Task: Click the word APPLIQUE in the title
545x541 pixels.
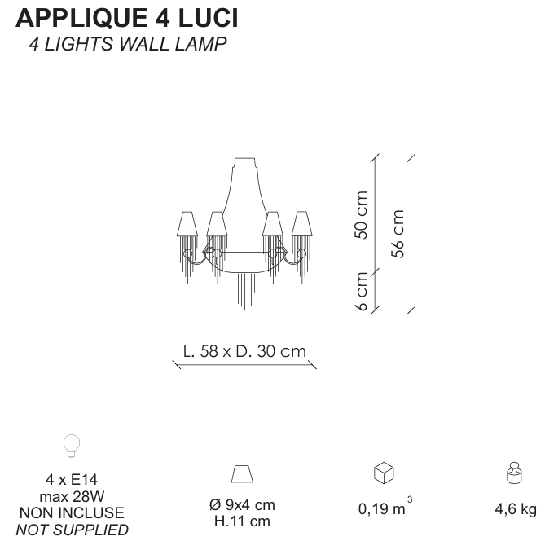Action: [x=81, y=19]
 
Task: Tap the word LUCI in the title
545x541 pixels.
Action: [x=209, y=18]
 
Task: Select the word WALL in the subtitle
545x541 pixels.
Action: [x=144, y=44]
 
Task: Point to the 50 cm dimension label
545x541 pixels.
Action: [x=361, y=214]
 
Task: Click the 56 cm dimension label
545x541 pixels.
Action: [x=398, y=234]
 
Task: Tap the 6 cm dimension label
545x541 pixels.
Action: [x=361, y=291]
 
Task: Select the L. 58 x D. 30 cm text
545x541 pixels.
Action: [x=244, y=351]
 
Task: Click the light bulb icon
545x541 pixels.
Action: [x=72, y=446]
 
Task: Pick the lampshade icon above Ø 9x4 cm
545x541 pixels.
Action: [x=242, y=473]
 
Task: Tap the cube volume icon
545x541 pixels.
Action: [x=384, y=473]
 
